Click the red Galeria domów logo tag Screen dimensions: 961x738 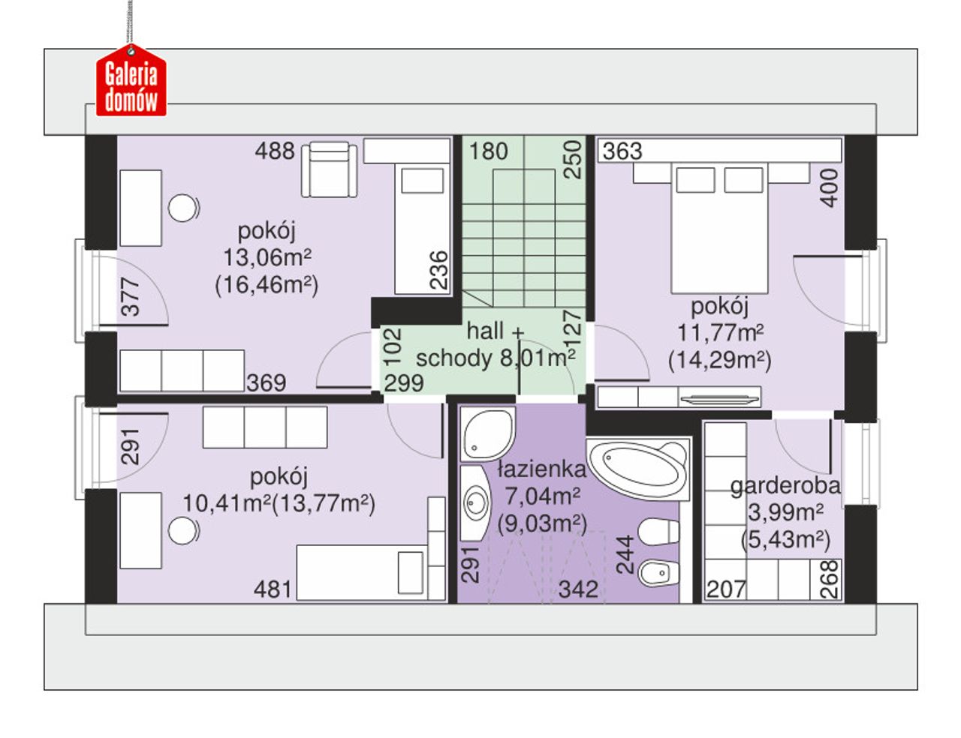point(131,81)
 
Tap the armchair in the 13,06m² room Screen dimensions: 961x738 point(330,169)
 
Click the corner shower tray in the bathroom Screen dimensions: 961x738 point(488,434)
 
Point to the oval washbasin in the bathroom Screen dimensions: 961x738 point(476,503)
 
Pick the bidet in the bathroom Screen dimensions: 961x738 point(658,573)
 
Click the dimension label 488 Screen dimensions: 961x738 point(274,151)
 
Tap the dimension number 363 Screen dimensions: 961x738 point(622,151)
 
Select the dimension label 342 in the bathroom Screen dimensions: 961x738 point(578,589)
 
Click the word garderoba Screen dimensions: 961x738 point(785,487)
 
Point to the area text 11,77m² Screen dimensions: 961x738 point(720,333)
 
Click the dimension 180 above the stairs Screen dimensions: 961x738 point(488,151)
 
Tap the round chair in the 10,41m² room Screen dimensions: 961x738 point(182,530)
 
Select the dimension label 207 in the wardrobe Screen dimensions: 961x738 point(726,589)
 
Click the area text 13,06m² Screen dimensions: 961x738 point(267,257)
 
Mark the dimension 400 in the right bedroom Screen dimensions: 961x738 point(829,188)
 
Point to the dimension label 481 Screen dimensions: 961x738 point(273,589)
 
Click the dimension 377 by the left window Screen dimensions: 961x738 point(131,297)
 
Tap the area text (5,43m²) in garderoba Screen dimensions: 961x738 point(785,540)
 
